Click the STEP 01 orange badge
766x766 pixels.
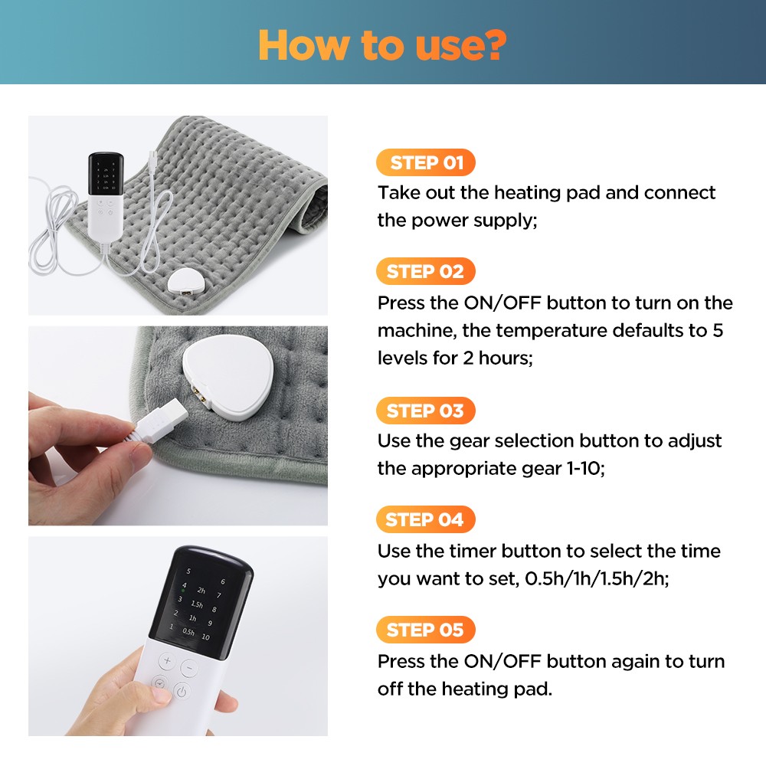pos(426,162)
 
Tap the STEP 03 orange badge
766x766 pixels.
pos(425,411)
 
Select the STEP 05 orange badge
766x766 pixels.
pos(425,630)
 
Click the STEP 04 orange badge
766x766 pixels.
pos(425,520)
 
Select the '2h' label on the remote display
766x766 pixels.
pos(201,591)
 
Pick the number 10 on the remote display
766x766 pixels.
pos(205,637)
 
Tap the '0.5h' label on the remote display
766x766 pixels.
pos(188,633)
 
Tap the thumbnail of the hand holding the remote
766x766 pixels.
pos(178,636)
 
